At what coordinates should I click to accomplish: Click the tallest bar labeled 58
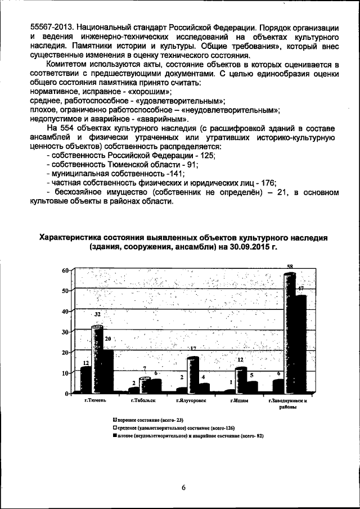289,332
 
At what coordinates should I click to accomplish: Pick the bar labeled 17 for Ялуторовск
192,374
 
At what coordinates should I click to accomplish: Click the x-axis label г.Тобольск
143,401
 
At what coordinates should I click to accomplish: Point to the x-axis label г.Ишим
240,401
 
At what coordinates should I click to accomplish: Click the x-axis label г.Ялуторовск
191,401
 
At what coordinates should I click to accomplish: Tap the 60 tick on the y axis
65,271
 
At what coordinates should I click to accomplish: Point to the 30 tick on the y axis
65,332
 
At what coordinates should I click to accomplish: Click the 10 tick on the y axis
65,373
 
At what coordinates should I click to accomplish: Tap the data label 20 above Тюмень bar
108,339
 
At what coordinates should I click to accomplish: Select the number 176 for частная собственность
268,182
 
